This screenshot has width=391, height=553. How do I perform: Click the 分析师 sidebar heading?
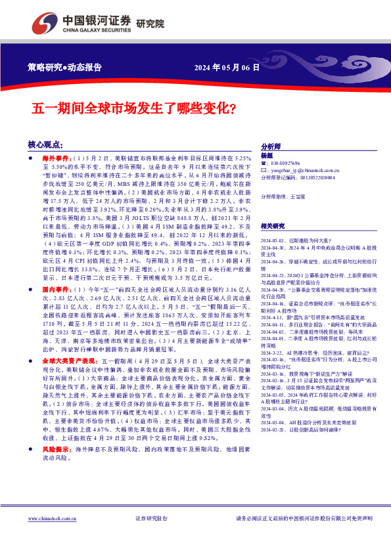tap(271, 146)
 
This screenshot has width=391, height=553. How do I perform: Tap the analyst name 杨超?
tap(266, 155)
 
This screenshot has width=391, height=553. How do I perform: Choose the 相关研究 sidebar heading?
tap(273, 225)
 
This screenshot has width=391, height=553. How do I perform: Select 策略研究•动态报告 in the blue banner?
tap(65, 67)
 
